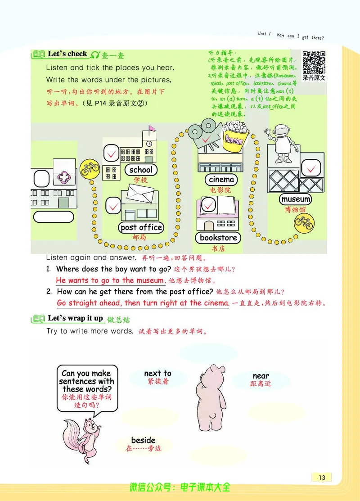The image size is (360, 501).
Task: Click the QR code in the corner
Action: point(314,63)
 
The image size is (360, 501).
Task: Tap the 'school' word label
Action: point(141,170)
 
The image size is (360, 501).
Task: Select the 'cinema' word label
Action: point(221,179)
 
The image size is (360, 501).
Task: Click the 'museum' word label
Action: point(296,199)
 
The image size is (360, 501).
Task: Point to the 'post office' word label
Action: point(141,227)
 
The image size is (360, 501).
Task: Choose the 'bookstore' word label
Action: point(218,237)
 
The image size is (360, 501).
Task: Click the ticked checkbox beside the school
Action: point(111,154)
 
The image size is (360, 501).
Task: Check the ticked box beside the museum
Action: point(310,169)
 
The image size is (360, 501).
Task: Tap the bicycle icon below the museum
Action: point(303,222)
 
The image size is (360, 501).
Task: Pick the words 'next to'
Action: point(157,373)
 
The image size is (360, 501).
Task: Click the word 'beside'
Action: point(143,440)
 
